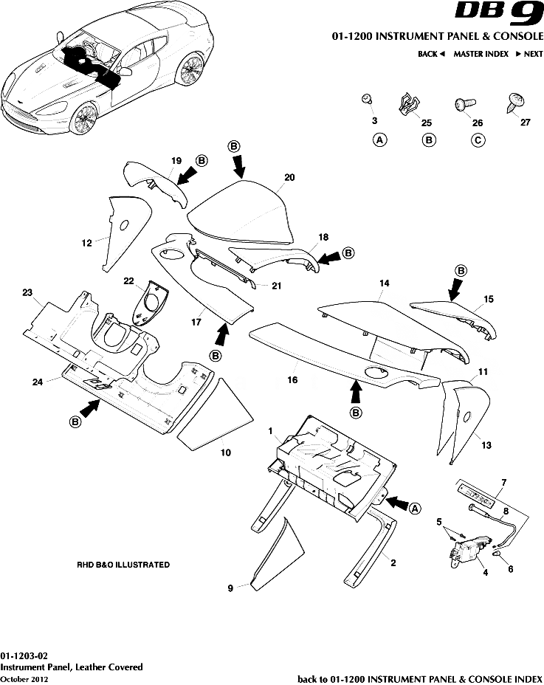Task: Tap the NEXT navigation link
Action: click(528, 54)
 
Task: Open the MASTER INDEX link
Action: click(481, 54)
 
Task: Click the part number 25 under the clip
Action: click(426, 123)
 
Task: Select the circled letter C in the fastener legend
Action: click(478, 140)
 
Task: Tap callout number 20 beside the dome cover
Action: click(289, 177)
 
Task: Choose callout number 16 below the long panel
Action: click(292, 379)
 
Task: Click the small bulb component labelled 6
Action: click(497, 553)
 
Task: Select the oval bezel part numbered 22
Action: click(151, 303)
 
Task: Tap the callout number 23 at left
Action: click(27, 293)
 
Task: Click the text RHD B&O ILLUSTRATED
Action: click(123, 565)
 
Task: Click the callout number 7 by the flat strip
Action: click(503, 483)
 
